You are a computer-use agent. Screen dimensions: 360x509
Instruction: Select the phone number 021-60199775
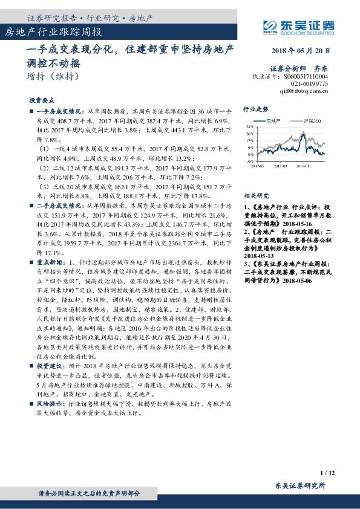(x=309, y=84)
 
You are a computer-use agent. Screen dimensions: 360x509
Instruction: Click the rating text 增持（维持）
(x=53, y=77)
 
